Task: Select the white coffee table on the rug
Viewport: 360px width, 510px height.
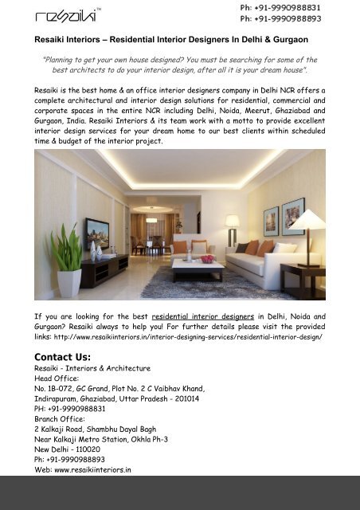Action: (197, 269)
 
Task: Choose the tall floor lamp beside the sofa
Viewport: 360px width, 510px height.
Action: (232, 226)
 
